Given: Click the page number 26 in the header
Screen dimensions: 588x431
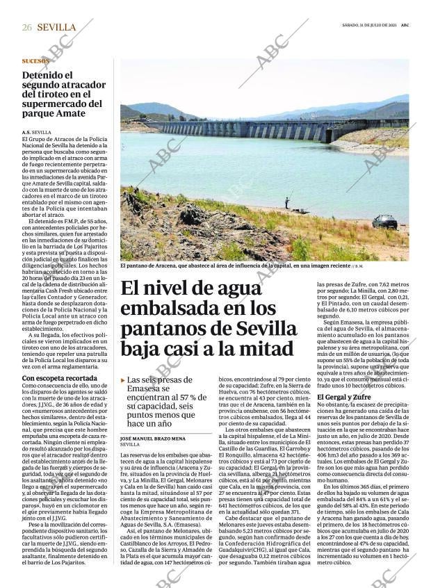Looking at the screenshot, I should pos(27,27).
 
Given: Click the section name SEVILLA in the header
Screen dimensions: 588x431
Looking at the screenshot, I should pos(56,27).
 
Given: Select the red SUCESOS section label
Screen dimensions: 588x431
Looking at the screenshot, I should pos(35,60).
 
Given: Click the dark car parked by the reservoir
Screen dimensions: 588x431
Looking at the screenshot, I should pos(384,222).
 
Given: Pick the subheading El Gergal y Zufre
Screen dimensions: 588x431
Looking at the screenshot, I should pos(344,396).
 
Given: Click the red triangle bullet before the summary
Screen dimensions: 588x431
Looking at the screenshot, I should pos(123,380).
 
